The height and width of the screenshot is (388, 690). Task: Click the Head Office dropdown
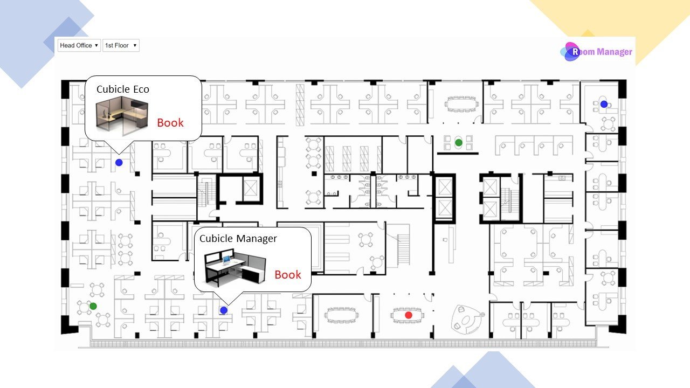click(x=79, y=46)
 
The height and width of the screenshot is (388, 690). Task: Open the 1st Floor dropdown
click(x=121, y=46)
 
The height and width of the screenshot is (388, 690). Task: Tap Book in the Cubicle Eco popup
click(x=170, y=123)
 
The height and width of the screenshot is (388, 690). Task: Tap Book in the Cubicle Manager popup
click(x=288, y=275)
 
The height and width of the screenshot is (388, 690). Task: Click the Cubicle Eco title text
click(x=123, y=89)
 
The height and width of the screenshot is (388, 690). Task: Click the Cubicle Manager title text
click(x=238, y=239)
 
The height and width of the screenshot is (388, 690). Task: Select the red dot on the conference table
click(x=408, y=315)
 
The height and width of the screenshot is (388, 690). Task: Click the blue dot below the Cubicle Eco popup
click(x=119, y=162)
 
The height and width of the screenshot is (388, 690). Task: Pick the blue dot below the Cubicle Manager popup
click(x=224, y=310)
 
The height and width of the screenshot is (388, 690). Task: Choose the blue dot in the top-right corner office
click(x=604, y=104)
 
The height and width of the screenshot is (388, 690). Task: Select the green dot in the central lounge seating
click(x=458, y=143)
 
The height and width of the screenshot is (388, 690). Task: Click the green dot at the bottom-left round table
click(x=93, y=306)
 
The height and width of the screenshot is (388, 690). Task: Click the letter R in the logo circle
click(x=575, y=52)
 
